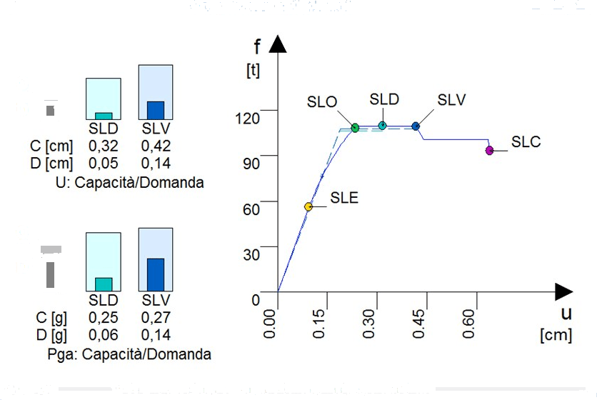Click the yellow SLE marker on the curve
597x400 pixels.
point(308,206)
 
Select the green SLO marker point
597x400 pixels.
point(355,128)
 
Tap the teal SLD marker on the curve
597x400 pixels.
point(382,126)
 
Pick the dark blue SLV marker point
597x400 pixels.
point(416,126)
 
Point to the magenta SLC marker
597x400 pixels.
point(489,150)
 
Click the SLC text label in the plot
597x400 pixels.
point(526,141)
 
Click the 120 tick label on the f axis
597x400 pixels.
point(251,117)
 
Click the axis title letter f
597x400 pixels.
point(257,48)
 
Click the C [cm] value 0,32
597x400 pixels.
point(103,146)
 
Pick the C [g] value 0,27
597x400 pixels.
point(156,316)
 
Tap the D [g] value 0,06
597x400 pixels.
point(103,332)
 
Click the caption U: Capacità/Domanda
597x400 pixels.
point(129,183)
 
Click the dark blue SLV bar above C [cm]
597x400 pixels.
point(156,110)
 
